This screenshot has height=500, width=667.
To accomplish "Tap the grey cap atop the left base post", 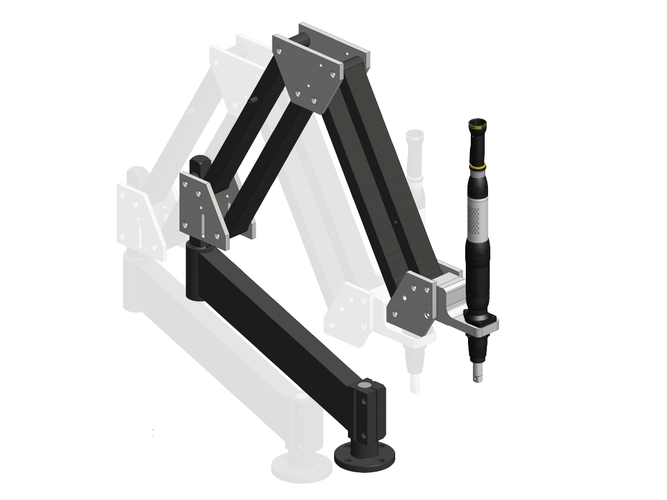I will [301, 397].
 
